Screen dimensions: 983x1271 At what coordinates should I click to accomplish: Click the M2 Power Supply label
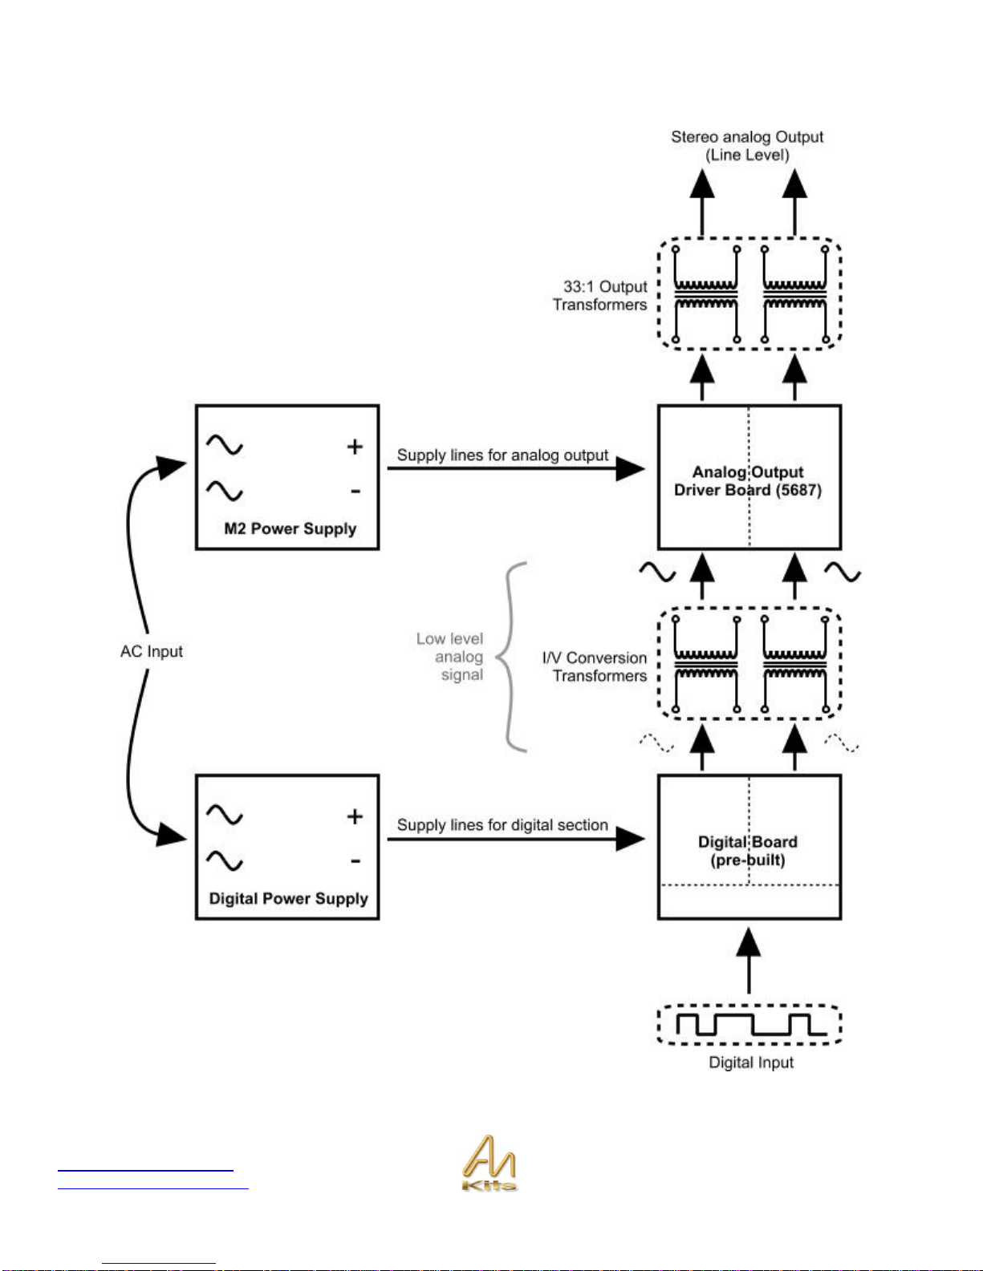[x=290, y=528]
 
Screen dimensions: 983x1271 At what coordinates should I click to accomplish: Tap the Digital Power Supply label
[x=288, y=899]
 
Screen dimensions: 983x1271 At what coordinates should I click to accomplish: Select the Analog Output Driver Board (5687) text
[x=748, y=481]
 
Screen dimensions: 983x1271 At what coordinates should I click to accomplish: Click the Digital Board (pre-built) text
[x=748, y=851]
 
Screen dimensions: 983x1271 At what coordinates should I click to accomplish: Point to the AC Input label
[x=152, y=651]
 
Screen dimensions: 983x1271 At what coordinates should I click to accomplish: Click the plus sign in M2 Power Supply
[x=355, y=447]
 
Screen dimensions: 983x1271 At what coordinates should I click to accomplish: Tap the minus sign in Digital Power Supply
[x=355, y=861]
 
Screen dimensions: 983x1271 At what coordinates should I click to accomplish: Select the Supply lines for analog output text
[x=502, y=455]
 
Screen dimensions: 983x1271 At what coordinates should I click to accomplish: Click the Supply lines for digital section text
[x=502, y=824]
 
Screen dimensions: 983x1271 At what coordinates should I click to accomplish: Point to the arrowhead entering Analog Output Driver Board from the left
[x=631, y=468]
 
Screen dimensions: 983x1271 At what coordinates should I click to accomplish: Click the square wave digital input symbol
[x=751, y=1024]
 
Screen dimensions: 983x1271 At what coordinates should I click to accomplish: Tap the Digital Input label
[x=751, y=1063]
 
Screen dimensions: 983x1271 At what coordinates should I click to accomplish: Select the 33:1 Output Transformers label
[x=599, y=295]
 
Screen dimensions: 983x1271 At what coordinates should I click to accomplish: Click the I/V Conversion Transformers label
[x=595, y=666]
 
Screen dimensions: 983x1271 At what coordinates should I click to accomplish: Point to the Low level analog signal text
[x=450, y=656]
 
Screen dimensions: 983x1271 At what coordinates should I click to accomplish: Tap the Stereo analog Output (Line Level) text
[x=747, y=146]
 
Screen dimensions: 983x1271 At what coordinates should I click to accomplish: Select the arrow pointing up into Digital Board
[x=749, y=961]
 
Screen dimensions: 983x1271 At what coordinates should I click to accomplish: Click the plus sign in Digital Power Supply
[x=355, y=816]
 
